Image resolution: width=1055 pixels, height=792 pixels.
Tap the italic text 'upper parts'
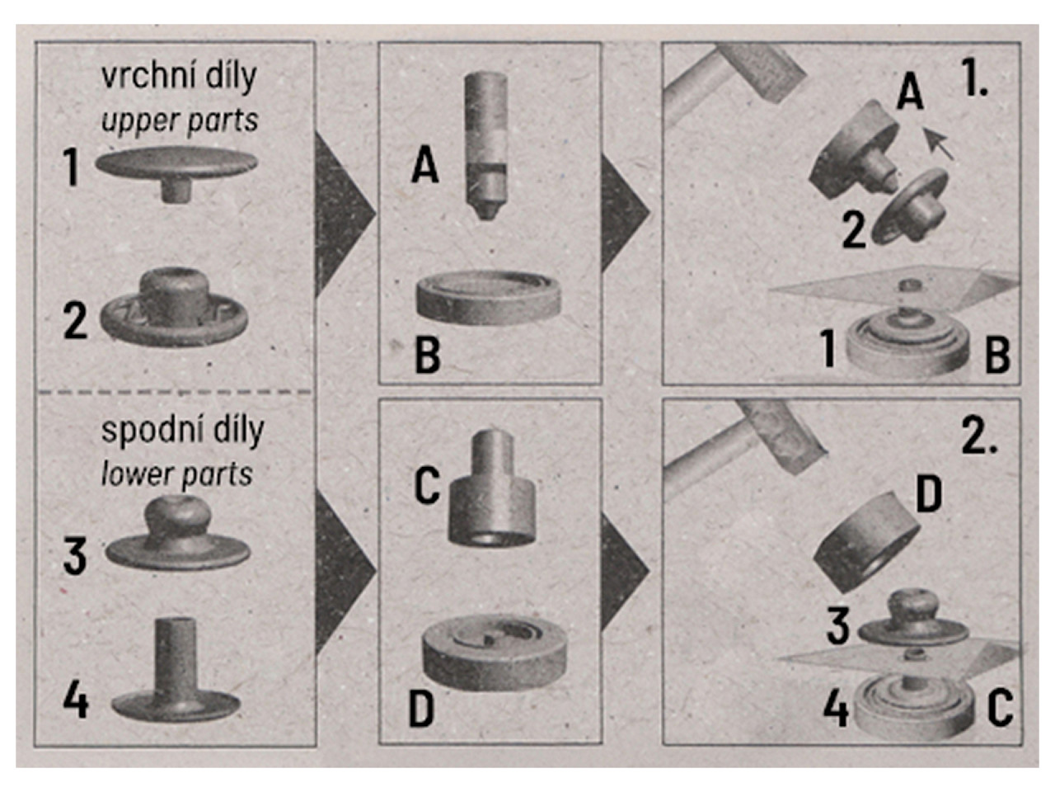[x=180, y=120]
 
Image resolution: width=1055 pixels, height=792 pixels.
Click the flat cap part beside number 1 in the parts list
[x=176, y=172]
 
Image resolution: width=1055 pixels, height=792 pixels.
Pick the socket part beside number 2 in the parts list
[x=174, y=307]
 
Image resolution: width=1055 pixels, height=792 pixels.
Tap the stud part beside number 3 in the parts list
[x=177, y=535]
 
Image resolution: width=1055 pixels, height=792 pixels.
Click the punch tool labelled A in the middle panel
[x=485, y=145]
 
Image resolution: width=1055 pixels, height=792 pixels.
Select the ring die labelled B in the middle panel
[x=488, y=297]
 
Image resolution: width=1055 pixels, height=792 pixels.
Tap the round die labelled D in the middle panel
[x=494, y=655]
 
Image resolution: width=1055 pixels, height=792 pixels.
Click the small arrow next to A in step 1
[x=939, y=144]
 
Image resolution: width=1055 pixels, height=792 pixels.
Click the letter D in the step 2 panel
[x=929, y=495]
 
